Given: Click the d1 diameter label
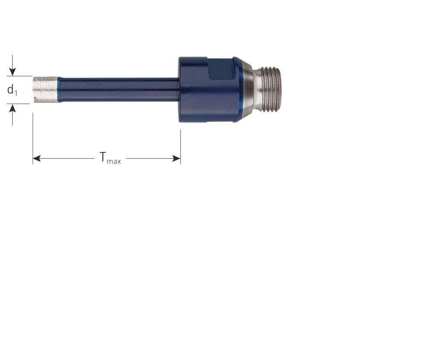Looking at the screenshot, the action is click(12, 90).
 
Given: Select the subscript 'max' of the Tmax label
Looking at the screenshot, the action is click(114, 161).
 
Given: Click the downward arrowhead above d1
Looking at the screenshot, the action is click(12, 72).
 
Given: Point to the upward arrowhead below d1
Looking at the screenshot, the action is click(12, 108).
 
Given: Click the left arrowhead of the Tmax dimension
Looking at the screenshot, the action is click(37, 159).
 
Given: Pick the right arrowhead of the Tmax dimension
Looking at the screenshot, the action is click(176, 159).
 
